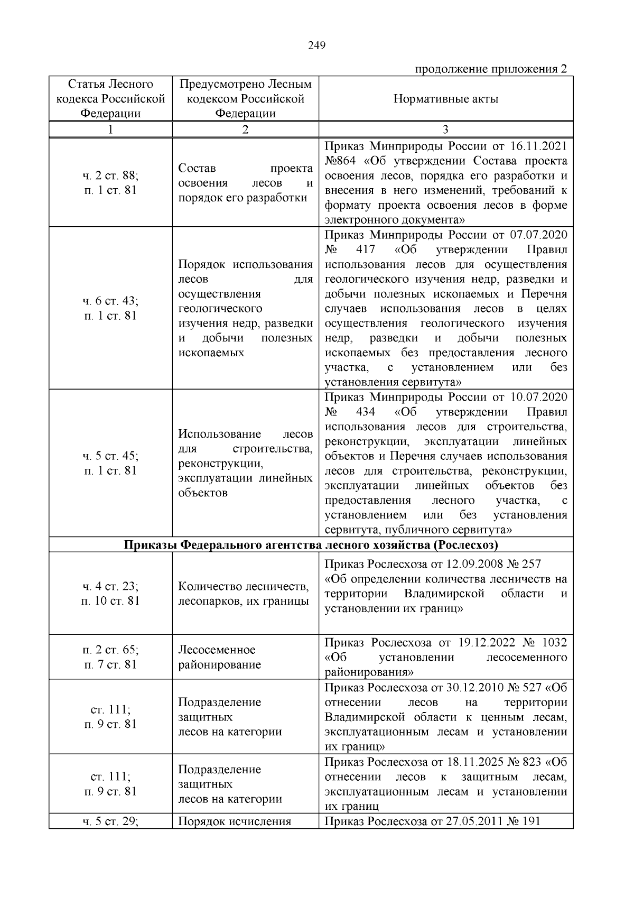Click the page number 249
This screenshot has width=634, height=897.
[316, 45]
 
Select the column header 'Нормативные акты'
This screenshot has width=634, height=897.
[445, 99]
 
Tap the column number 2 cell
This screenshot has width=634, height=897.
[245, 130]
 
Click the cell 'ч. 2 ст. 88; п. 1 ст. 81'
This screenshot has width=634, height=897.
[110, 183]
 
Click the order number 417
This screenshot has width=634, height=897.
[366, 249]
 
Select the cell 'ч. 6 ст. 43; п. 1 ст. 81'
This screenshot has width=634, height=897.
[110, 308]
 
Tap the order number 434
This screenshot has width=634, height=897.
[366, 412]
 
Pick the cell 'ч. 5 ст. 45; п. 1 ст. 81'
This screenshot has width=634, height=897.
[110, 463]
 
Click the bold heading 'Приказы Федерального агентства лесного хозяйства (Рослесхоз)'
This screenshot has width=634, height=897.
[311, 544]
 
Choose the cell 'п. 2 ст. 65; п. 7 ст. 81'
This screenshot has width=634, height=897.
[110, 657]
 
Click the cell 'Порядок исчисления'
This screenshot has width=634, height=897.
[235, 821]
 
